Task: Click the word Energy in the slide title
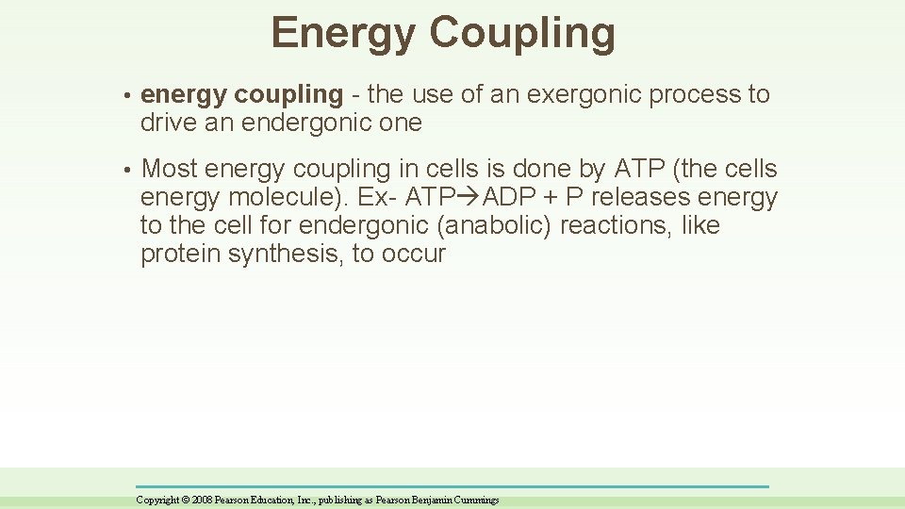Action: pyautogui.click(x=343, y=34)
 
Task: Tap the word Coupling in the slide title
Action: pyautogui.click(x=524, y=34)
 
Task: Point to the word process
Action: pyautogui.click(x=688, y=94)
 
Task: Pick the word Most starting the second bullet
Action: pyautogui.click(x=169, y=170)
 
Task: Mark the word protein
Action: pyautogui.click(x=180, y=254)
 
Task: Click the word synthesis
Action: pyautogui.click(x=283, y=254)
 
